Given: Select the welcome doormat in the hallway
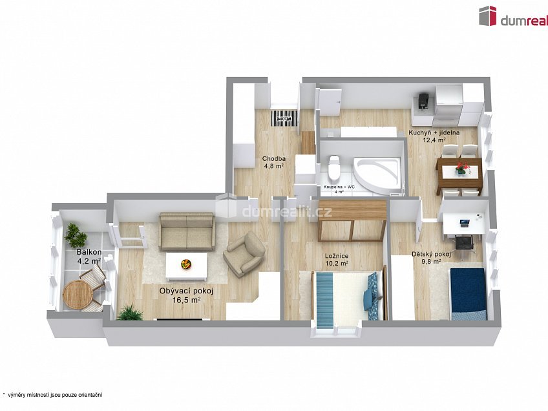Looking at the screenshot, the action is point(284,118).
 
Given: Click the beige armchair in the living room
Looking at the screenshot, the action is point(244,253).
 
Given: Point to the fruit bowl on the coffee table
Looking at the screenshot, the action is point(186,264).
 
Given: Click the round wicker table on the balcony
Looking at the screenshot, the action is point(78,295).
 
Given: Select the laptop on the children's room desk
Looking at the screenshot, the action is point(465,222).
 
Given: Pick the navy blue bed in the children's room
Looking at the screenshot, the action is point(468,294).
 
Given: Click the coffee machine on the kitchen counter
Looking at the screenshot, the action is point(423,101).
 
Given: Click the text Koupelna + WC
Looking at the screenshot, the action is point(339,187).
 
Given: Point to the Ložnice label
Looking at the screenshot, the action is point(337,256).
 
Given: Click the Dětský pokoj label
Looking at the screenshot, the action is point(431,254).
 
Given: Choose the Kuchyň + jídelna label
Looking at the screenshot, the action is point(434,132).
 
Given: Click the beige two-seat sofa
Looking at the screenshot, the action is point(187,232).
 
